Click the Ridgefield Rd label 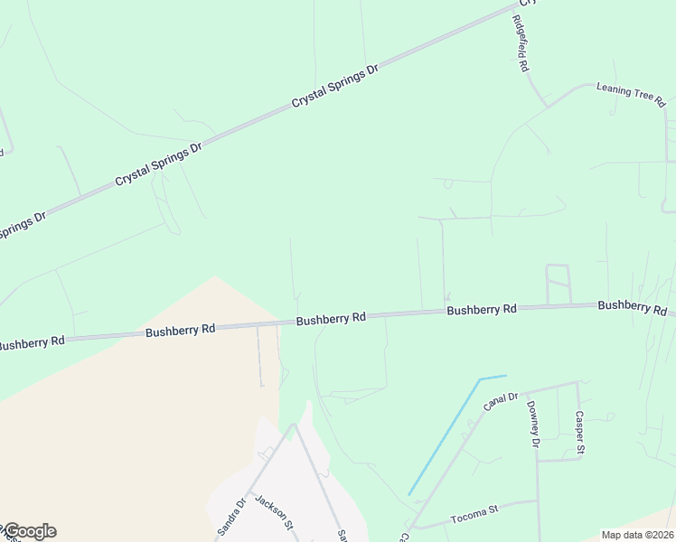[x=521, y=44]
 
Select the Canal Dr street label [x=500, y=400]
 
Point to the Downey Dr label [x=533, y=425]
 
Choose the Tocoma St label [x=474, y=515]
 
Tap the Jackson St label [x=275, y=512]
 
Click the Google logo [x=29, y=531]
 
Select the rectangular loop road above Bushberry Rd [x=559, y=284]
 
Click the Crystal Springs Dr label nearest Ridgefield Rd [x=334, y=88]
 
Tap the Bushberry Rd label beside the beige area [x=181, y=331]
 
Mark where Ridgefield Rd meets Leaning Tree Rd [x=546, y=106]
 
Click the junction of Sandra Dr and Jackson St [x=293, y=425]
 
